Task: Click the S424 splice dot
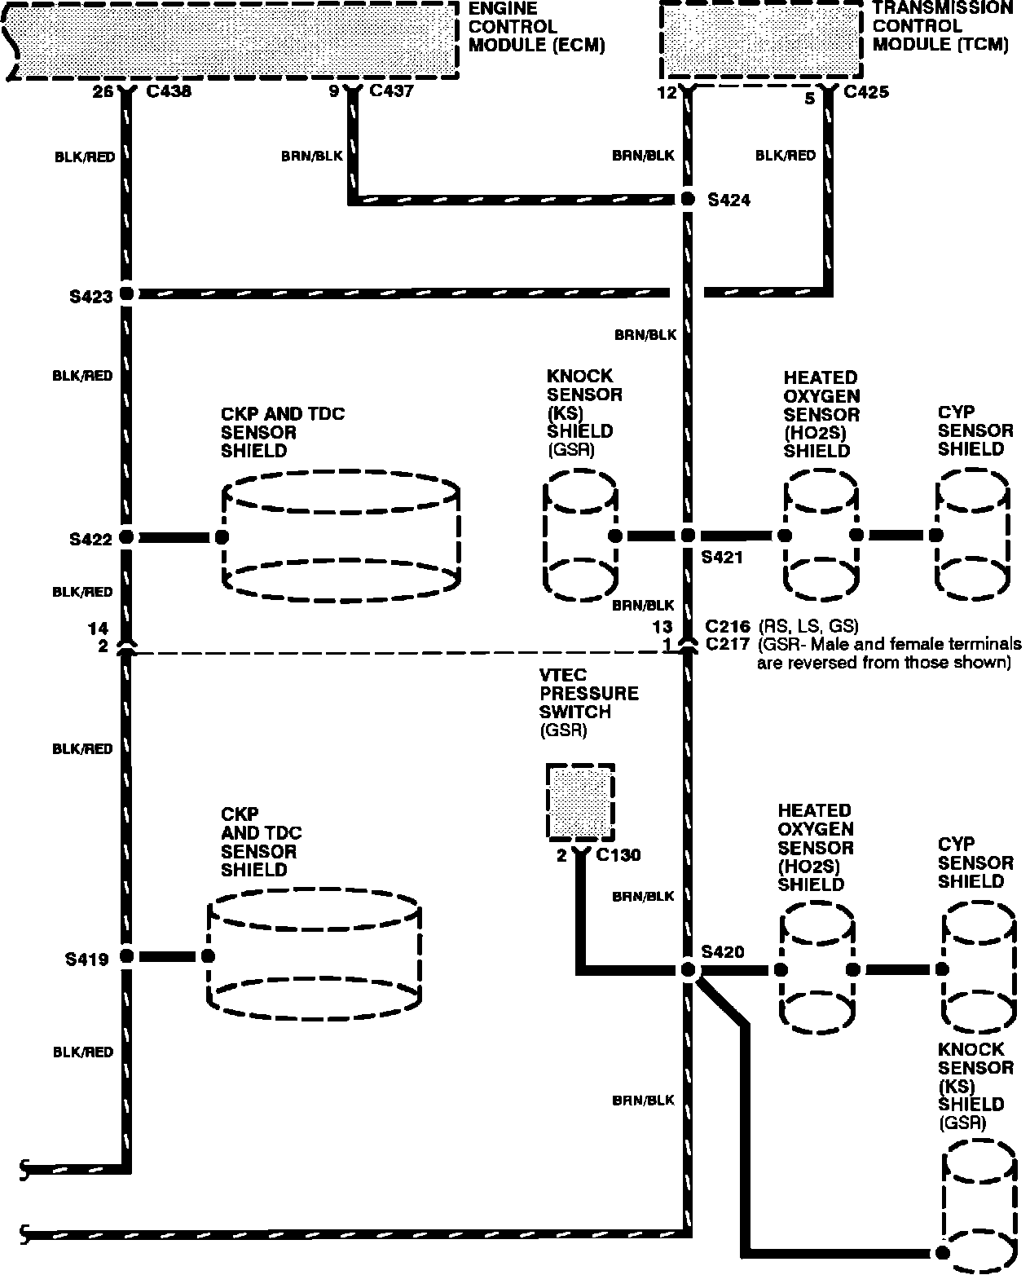pyautogui.click(x=687, y=199)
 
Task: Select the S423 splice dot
pyautogui.click(x=126, y=293)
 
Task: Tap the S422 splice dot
pyautogui.click(x=126, y=537)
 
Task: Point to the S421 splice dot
pyautogui.click(x=687, y=536)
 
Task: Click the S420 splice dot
pyautogui.click(x=688, y=970)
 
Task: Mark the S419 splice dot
pyautogui.click(x=126, y=956)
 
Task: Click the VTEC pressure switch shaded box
pyautogui.click(x=579, y=802)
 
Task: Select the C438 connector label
pyautogui.click(x=169, y=91)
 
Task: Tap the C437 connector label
pyautogui.click(x=391, y=90)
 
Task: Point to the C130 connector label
pyautogui.click(x=618, y=855)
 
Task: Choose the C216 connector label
pyautogui.click(x=727, y=627)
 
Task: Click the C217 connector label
pyautogui.click(x=727, y=645)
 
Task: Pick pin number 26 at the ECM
pyautogui.click(x=103, y=91)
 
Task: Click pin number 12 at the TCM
pyautogui.click(x=667, y=93)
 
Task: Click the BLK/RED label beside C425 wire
pyautogui.click(x=785, y=156)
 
